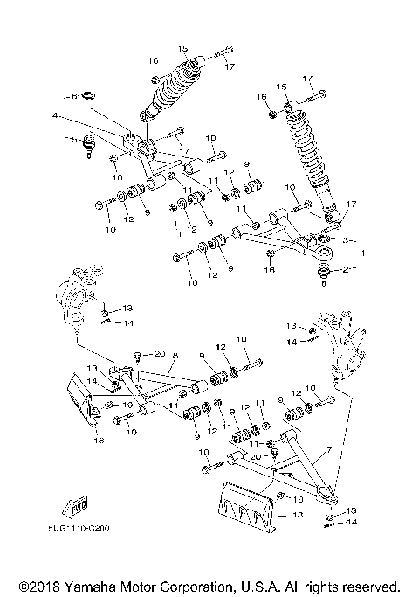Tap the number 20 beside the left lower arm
tap(158, 354)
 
